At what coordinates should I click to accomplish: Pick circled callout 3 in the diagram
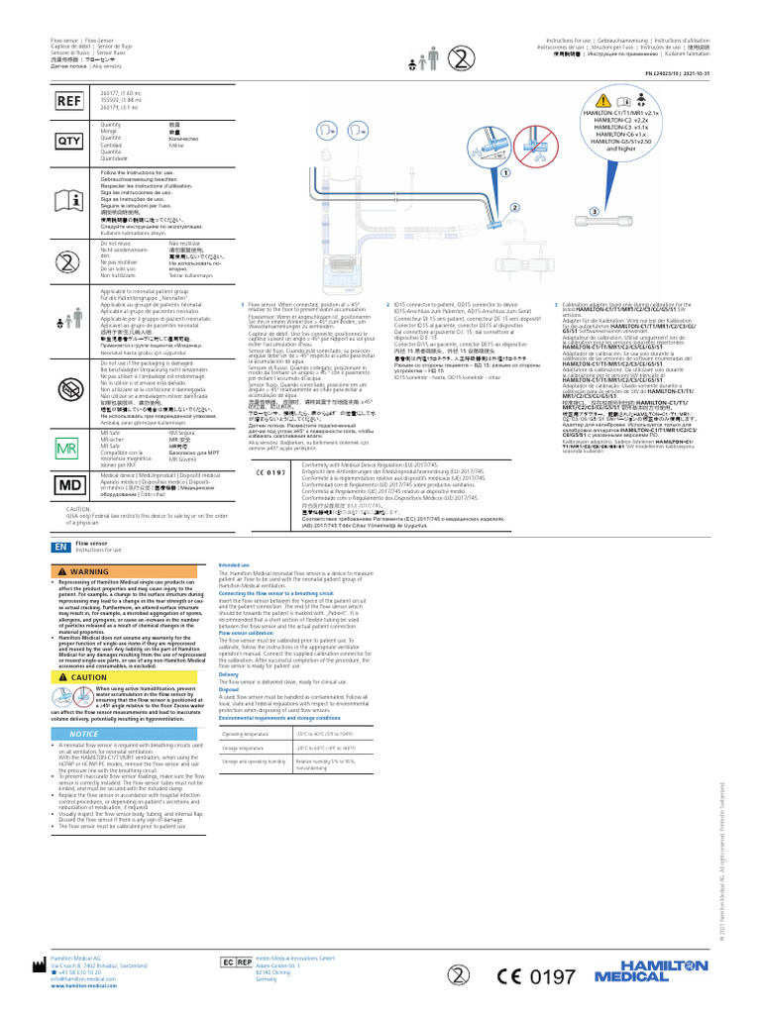click(x=594, y=211)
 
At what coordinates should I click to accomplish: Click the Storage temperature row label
click(x=244, y=749)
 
